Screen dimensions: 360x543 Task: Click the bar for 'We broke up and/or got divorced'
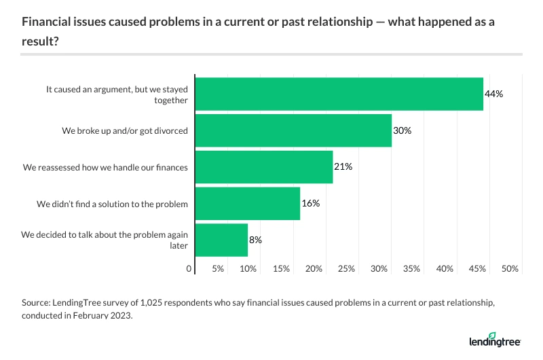coord(293,130)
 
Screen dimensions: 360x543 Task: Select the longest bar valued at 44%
coord(339,94)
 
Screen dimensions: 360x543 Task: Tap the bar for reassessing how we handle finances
coord(264,166)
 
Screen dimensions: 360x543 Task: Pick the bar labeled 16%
coord(248,203)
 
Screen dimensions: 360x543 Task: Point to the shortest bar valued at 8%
coord(221,240)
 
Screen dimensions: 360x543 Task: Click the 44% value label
coord(493,94)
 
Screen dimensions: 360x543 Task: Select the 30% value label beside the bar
coord(402,130)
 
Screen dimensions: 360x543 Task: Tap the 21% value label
coord(343,166)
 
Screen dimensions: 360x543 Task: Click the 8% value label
coord(255,240)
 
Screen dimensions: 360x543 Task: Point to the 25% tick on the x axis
coord(346,270)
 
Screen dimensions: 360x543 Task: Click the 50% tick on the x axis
coord(510,270)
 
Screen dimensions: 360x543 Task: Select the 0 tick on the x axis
coord(189,270)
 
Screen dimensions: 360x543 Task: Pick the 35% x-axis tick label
coord(412,270)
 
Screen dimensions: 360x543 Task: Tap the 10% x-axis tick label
coord(248,270)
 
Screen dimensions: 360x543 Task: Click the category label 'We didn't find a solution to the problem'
coord(112,203)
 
